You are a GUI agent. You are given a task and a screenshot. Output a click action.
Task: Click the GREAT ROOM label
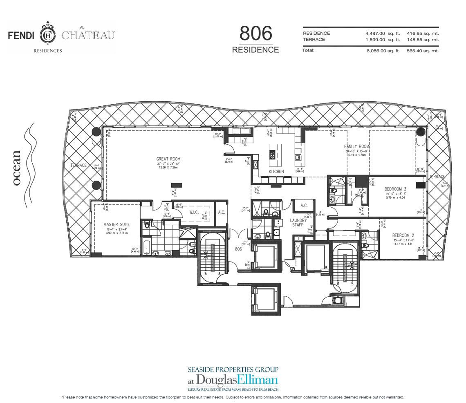pos(168,159)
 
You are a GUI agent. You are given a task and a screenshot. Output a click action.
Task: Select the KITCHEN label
pos(276,172)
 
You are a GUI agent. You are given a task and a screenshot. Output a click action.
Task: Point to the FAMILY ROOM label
pos(357,146)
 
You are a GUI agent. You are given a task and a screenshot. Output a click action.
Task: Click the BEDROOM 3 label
pos(395,189)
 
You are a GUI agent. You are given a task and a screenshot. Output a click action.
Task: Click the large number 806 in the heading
pos(255,34)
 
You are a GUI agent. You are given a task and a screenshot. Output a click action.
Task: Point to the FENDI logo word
pos(22,36)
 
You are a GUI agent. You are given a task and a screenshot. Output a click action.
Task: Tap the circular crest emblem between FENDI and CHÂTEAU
pos(48,35)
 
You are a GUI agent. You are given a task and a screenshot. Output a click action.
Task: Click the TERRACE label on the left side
pos(78,166)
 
